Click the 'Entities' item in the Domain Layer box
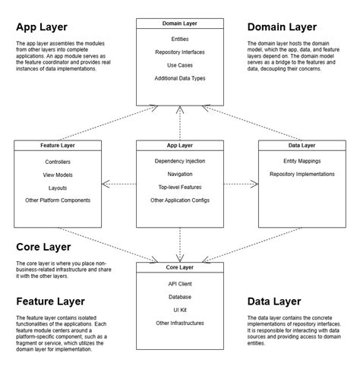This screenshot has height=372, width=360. [181, 38]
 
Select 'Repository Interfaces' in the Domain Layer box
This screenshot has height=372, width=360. [181, 52]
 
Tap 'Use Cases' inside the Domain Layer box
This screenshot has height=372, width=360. [181, 65]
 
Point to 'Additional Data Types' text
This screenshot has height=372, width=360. [181, 78]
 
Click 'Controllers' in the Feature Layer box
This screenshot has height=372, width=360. [58, 161]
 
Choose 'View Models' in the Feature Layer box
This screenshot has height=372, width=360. [58, 174]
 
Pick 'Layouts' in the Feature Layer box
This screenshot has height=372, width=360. [58, 187]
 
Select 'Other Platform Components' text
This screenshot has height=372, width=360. [58, 200]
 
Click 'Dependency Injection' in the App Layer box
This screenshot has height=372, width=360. [180, 161]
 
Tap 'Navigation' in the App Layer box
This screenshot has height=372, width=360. [180, 174]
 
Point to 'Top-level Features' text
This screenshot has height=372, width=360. [180, 187]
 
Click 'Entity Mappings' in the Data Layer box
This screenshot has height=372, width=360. [302, 161]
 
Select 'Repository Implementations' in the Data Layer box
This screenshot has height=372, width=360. [302, 174]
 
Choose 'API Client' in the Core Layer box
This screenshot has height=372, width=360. [180, 284]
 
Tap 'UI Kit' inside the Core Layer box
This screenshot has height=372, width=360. [180, 310]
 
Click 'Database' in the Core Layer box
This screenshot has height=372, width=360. [180, 297]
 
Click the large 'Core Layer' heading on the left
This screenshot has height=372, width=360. [43, 247]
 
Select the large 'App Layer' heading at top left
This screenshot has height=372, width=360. [41, 28]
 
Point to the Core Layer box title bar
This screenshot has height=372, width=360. [180, 268]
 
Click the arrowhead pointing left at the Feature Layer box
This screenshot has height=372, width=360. [105, 183]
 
